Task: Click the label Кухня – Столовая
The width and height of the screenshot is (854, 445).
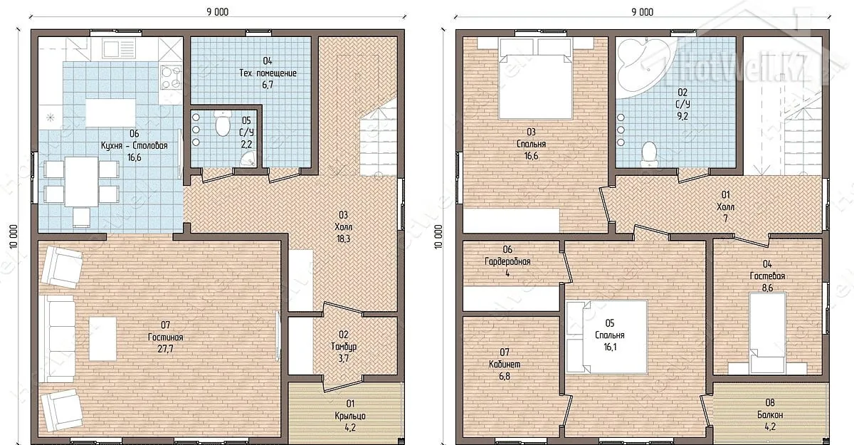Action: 135,146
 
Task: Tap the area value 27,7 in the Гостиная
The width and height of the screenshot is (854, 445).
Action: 165,349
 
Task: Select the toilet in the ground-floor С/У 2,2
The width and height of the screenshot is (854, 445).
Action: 222,123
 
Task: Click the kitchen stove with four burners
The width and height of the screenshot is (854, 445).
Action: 171,78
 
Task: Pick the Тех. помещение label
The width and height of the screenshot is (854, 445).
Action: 268,73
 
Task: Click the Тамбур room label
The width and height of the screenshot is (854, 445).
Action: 344,347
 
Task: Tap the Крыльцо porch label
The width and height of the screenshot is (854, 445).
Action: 350,416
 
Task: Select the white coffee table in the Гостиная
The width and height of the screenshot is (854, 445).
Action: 103,339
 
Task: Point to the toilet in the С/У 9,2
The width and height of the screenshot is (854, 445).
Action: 649,154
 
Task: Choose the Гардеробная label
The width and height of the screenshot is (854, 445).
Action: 507,261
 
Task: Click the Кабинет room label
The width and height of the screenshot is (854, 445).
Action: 505,364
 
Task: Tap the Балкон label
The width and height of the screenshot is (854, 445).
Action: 770,414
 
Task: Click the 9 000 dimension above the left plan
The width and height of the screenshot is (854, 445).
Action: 218,12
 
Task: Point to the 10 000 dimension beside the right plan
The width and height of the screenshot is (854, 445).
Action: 438,237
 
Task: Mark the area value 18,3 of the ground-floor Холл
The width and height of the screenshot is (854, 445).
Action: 343,239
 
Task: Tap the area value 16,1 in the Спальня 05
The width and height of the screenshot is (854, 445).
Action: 610,347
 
